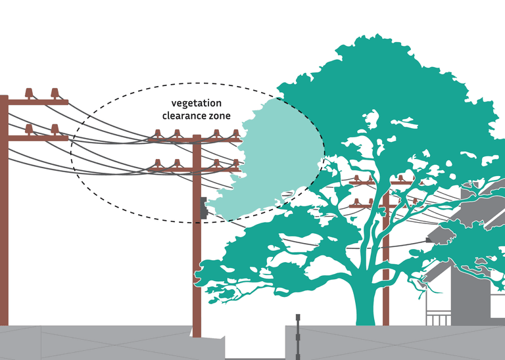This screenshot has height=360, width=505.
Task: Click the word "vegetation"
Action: pyautogui.click(x=197, y=104)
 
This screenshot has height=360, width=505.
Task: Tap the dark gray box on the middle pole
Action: pyautogui.click(x=204, y=208)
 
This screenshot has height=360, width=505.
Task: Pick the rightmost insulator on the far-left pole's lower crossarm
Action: pyautogui.click(x=55, y=129)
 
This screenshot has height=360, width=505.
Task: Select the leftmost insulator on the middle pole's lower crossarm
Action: pyautogui.click(x=158, y=163)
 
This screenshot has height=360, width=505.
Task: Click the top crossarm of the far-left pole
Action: pyautogui.click(x=36, y=102)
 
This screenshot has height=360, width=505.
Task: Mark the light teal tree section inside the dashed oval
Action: pyautogui.click(x=276, y=158)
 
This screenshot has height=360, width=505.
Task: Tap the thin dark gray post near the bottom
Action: pyautogui.click(x=298, y=335)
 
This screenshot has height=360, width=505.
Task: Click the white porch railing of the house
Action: pyautogui.click(x=439, y=319)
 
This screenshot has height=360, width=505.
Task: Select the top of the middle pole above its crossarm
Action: pyautogui.click(x=197, y=137)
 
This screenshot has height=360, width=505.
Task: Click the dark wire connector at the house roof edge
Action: pyautogui.click(x=429, y=241)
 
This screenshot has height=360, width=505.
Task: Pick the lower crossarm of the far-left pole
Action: pyautogui.click(x=36, y=138)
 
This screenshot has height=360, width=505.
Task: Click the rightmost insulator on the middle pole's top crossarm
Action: pyautogui.click(x=235, y=135)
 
